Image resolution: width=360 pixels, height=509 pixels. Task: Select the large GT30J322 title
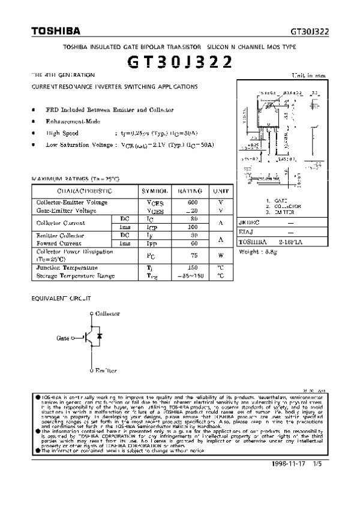pyautogui.click(x=179, y=60)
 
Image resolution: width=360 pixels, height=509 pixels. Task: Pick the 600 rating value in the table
pyautogui.click(x=191, y=203)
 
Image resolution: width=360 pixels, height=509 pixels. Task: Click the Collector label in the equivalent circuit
pyautogui.click(x=108, y=313)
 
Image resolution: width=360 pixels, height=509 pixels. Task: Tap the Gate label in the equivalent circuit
pyautogui.click(x=64, y=338)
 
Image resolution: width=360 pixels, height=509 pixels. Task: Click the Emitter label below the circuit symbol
pyautogui.click(x=106, y=371)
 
